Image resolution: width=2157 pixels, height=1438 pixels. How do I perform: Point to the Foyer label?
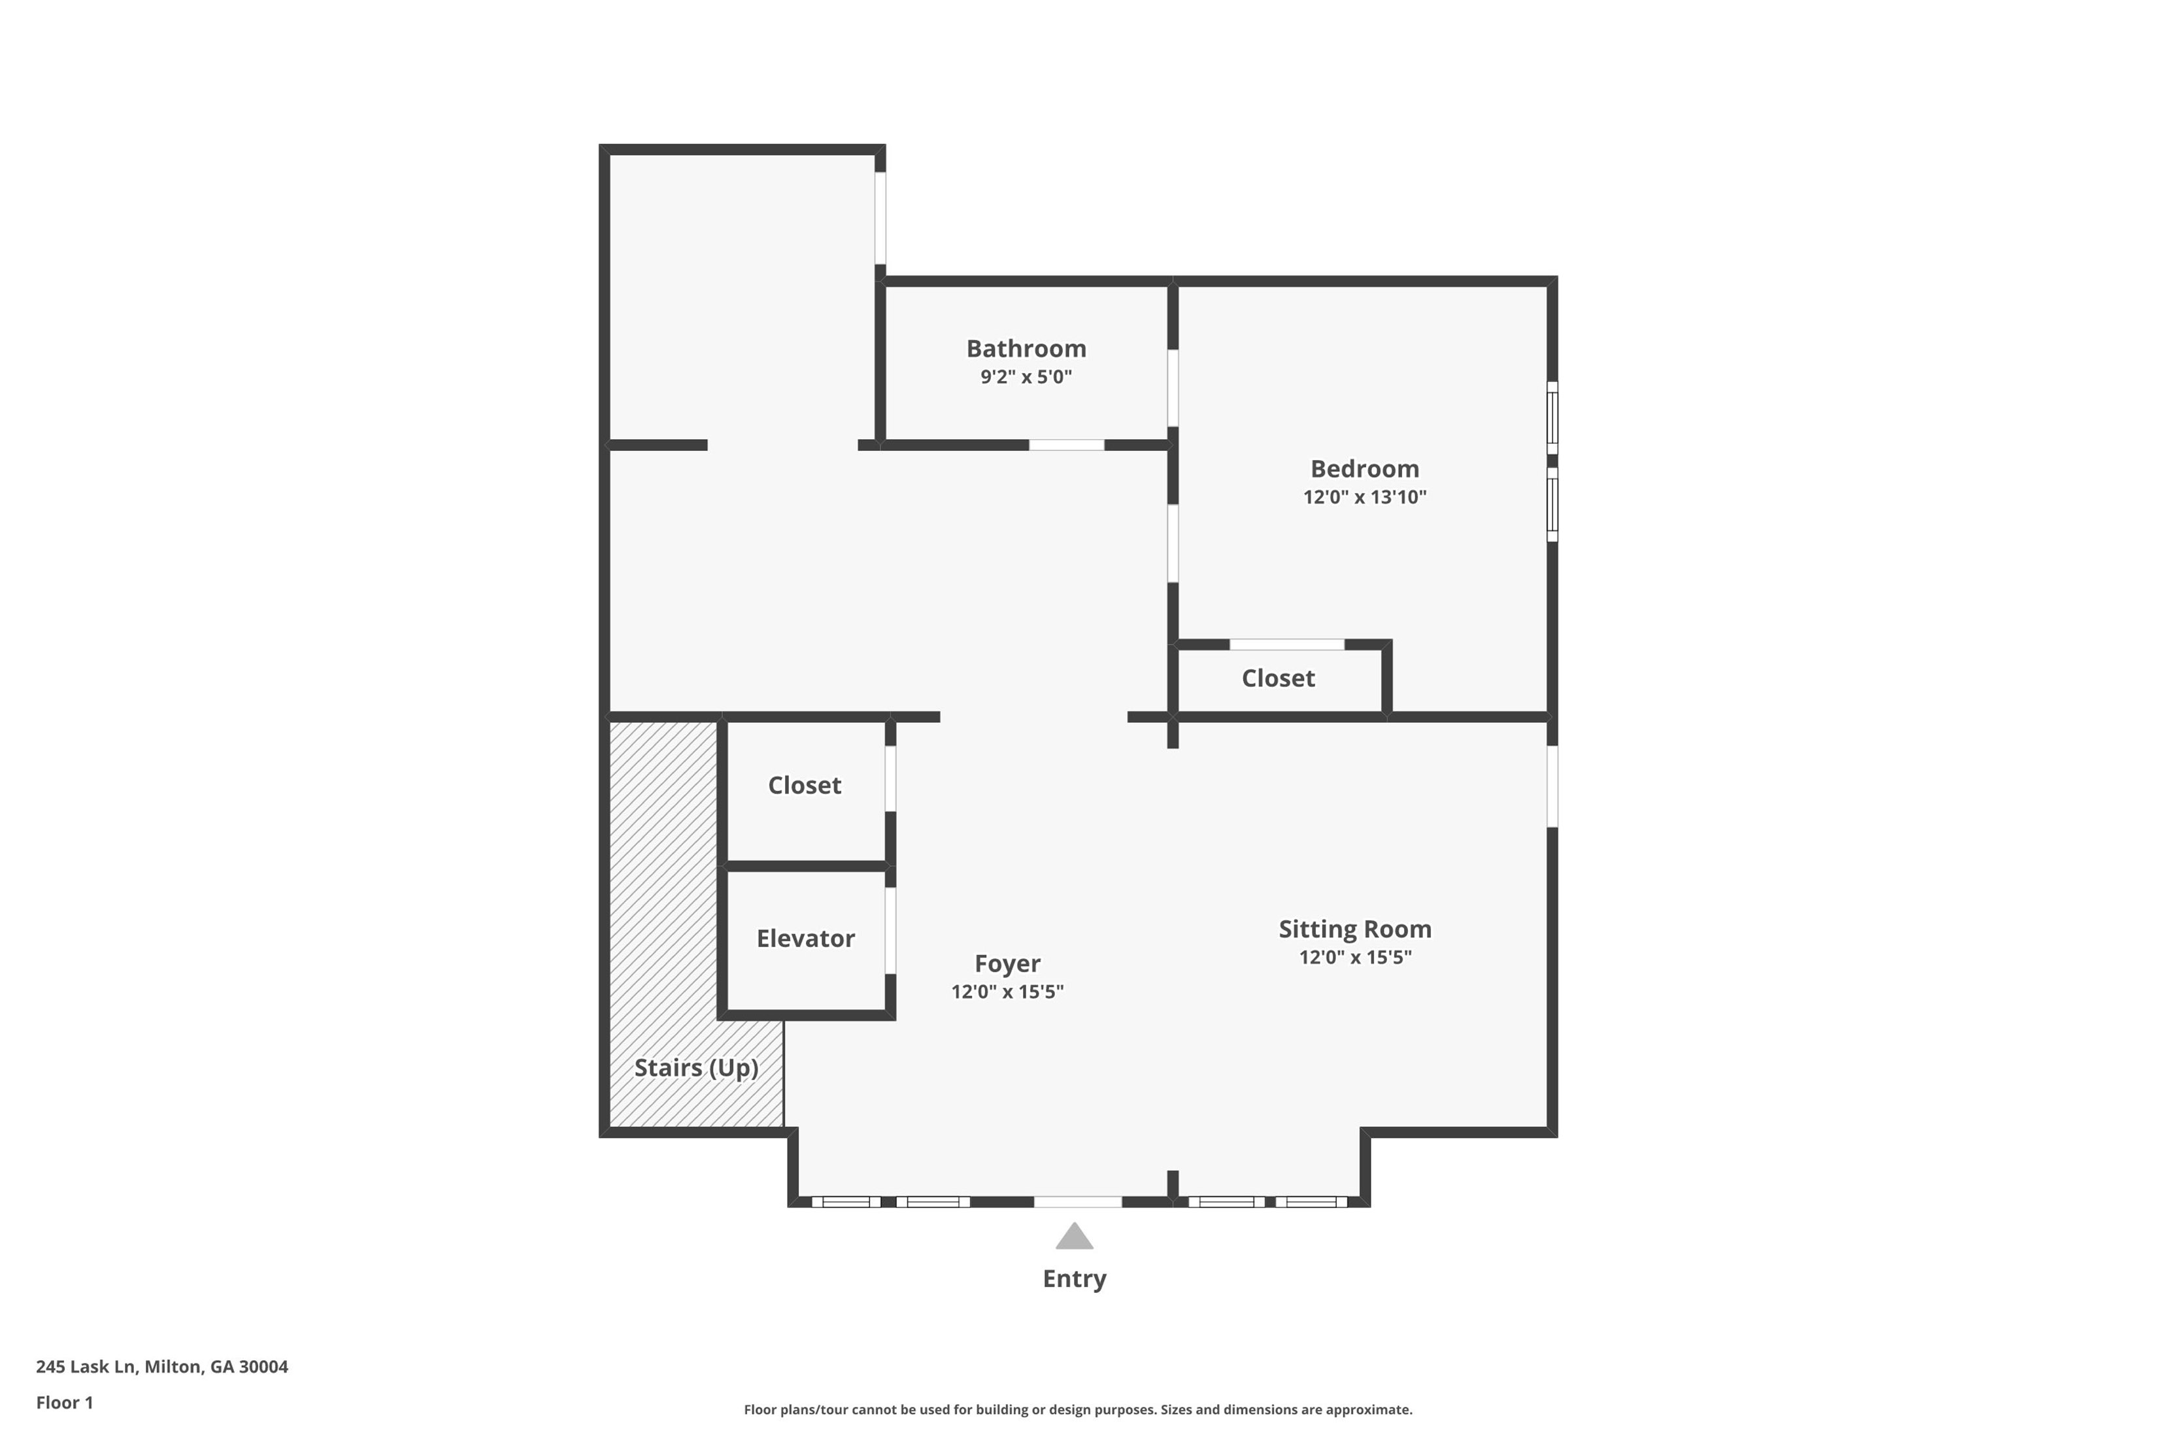[x=1007, y=963]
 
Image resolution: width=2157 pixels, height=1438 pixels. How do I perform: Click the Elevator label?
[x=805, y=938]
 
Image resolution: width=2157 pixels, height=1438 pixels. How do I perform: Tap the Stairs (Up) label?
[x=696, y=1067]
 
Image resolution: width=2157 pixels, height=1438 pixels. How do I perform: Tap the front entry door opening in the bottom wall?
[x=1078, y=1201]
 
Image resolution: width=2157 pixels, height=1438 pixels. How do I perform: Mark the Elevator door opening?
[x=890, y=930]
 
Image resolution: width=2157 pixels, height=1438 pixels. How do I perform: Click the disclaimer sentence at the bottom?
[x=1078, y=1410]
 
